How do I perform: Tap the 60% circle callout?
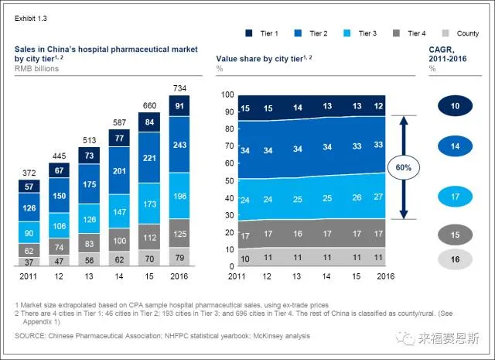(405, 167)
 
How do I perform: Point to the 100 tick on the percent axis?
(227, 94)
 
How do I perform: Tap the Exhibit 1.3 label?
(30, 14)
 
